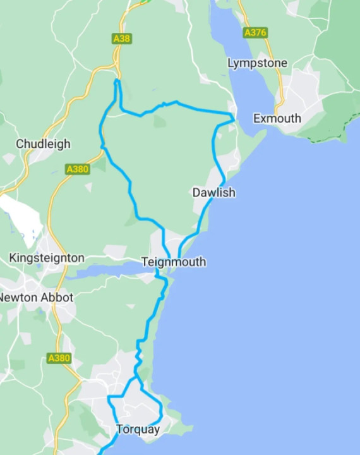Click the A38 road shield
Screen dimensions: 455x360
click(x=121, y=39)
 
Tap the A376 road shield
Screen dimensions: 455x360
click(x=255, y=32)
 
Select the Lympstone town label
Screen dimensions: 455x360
click(x=257, y=63)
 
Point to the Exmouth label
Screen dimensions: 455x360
click(x=277, y=119)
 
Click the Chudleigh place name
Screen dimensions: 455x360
click(x=43, y=144)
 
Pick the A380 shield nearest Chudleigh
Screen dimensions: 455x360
click(x=77, y=169)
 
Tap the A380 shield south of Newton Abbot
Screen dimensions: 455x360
click(x=59, y=358)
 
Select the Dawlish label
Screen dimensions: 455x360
click(x=214, y=193)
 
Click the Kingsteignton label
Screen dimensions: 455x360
click(x=47, y=258)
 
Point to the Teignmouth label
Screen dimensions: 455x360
click(x=174, y=262)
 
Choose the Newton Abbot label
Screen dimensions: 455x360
click(x=36, y=297)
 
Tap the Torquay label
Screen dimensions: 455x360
click(x=138, y=430)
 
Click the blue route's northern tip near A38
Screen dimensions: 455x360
click(x=117, y=81)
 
